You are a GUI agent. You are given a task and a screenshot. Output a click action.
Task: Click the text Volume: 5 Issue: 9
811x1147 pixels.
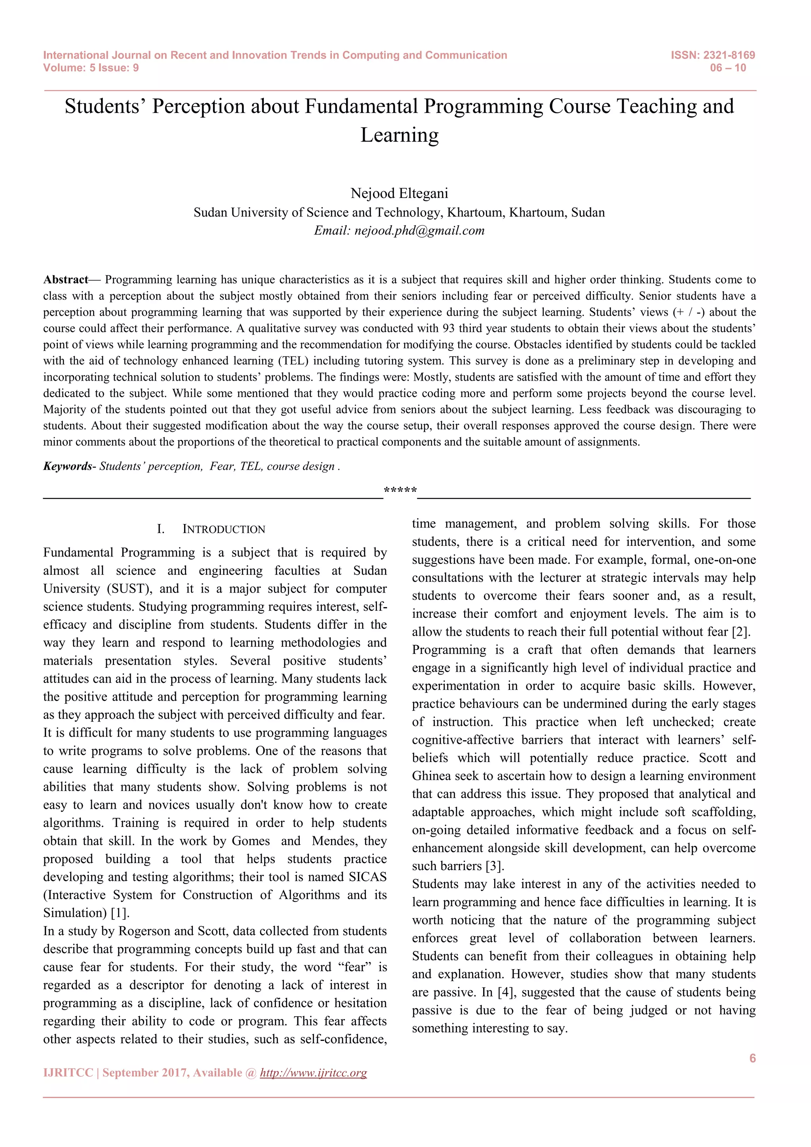(91, 68)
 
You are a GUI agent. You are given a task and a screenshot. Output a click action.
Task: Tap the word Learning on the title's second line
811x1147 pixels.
(400, 135)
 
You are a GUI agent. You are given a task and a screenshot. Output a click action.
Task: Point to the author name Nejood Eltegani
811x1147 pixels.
(400, 193)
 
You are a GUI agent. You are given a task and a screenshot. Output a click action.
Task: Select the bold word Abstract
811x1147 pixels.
(65, 279)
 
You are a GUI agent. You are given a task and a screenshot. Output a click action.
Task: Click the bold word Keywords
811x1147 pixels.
(67, 466)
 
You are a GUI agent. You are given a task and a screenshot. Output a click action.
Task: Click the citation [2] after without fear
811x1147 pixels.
(741, 632)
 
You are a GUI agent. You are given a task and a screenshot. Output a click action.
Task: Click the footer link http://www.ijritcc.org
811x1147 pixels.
(314, 1073)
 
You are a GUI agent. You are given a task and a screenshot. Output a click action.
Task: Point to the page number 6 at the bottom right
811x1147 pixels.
(752, 1058)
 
